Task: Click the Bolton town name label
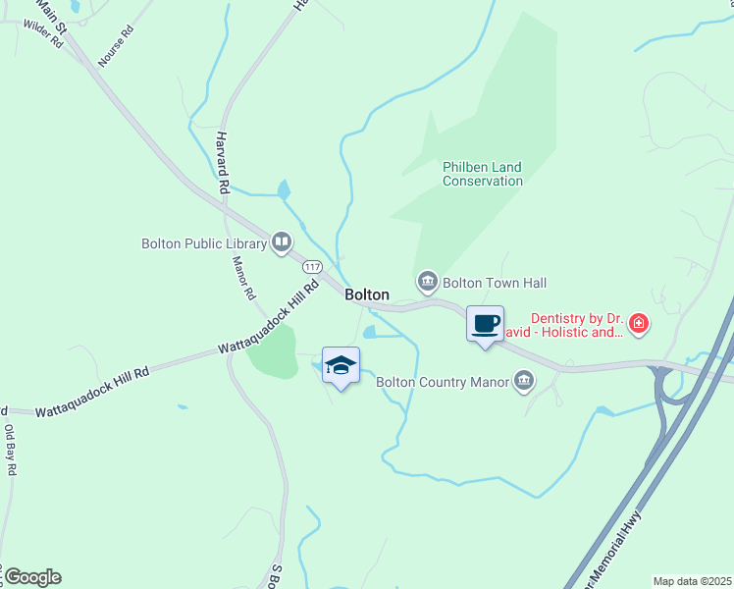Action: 367,294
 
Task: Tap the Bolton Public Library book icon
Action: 282,241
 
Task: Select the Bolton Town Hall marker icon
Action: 427,283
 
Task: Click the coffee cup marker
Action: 485,324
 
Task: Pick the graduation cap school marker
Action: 341,366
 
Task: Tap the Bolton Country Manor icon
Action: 524,381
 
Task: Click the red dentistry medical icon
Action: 639,323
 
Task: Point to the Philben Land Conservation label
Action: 482,174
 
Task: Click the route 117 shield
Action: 312,267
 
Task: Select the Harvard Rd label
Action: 223,161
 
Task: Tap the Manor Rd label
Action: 242,278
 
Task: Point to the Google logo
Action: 31,576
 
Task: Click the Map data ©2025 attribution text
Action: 692,581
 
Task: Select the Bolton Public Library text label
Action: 204,243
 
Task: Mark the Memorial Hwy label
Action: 612,549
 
